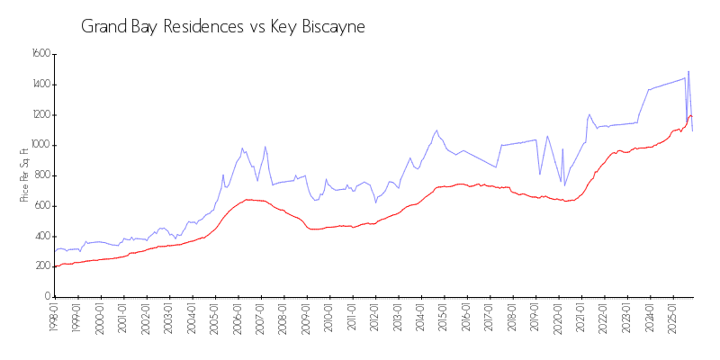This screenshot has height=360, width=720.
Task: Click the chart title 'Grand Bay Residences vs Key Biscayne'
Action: coord(222,26)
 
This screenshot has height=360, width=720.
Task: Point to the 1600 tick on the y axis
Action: coord(41,54)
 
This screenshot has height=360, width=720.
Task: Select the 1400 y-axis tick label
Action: coord(41,85)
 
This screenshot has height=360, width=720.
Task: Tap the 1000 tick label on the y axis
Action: coord(41,145)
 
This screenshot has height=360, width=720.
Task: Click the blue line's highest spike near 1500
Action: coord(688,71)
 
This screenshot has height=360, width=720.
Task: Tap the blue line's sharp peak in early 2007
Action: coord(265,147)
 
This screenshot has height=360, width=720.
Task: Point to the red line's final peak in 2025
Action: coord(690,115)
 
